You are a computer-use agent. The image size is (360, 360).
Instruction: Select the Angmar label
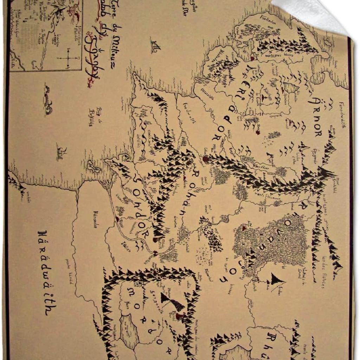[x=315, y=157]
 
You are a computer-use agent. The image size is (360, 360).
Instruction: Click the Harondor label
[x=95, y=220]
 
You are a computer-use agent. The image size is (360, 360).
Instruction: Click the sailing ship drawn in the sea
[x=155, y=45]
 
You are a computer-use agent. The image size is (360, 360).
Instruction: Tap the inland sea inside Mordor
[x=129, y=330]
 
